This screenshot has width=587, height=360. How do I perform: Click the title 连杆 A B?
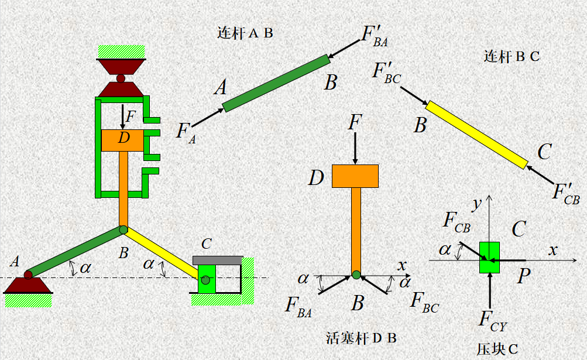pos(245,33)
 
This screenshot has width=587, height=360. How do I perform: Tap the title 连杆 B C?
pos(512,57)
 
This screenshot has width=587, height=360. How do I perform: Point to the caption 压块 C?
pos(497,349)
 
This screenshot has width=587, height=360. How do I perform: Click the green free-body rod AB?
pos(276,83)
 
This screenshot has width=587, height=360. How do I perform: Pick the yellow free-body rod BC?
pos(476,134)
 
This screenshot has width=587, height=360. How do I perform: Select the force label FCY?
pos(492,320)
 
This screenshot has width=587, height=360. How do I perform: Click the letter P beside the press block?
pos(524,277)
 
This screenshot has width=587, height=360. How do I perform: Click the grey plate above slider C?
pos(217,260)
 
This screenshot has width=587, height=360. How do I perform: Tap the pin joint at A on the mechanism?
pos(28,274)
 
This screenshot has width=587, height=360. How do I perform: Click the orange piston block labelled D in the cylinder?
pos(122,140)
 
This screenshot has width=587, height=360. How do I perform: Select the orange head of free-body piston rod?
pos(355,176)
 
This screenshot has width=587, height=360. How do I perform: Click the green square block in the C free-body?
pos(489,257)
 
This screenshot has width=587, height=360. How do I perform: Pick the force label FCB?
pos(456,221)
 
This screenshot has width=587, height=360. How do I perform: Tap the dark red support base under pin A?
pos(28,285)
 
